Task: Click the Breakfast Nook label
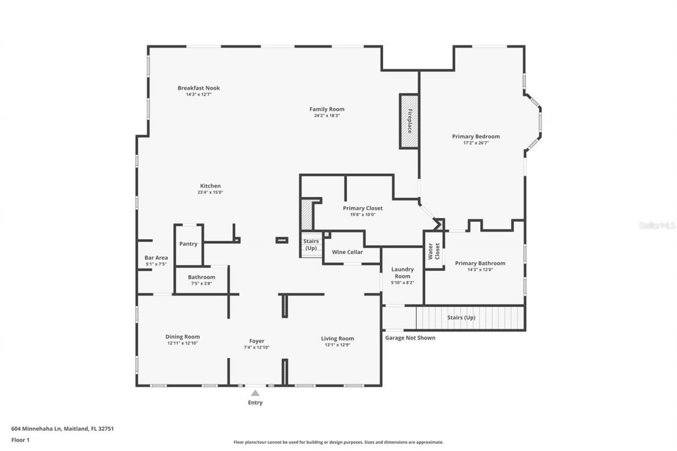[x=198, y=88]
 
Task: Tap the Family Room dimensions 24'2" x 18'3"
[x=326, y=115]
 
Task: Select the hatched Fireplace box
[x=409, y=122]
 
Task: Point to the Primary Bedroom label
[x=475, y=136]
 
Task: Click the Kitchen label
[x=210, y=186]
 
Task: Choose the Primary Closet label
[x=362, y=208]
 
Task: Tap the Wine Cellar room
[x=347, y=252]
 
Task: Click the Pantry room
[x=188, y=244]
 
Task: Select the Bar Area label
[x=156, y=258]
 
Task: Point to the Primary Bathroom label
[x=480, y=263]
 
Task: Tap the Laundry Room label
[x=402, y=273]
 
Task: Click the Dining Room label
[x=182, y=337]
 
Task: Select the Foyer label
[x=257, y=341]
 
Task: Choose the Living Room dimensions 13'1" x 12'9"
[x=337, y=345]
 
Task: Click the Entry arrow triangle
[x=255, y=393]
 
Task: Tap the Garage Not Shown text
[x=410, y=338]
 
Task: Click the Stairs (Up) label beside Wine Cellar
[x=311, y=245]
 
